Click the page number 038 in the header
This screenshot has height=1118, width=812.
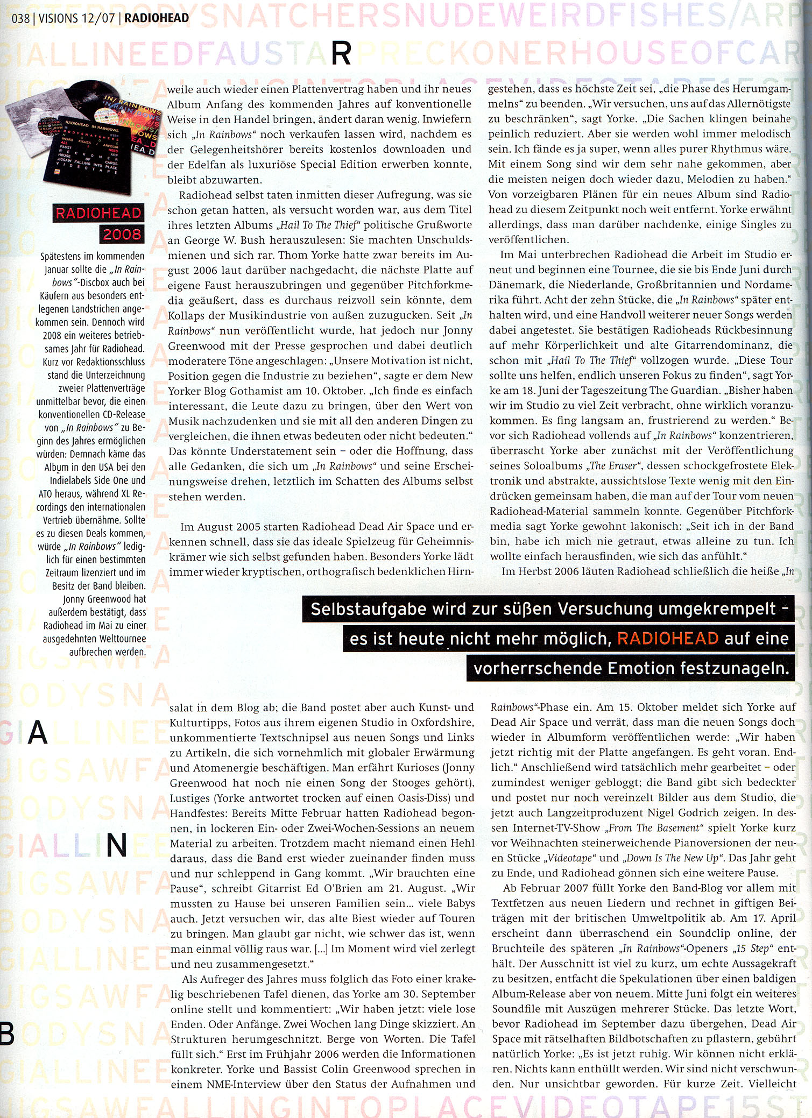pos(20,18)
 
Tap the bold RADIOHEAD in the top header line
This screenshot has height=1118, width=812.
pos(157,18)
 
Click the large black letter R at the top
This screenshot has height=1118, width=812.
pos(341,54)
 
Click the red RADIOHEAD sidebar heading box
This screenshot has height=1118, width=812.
pos(98,214)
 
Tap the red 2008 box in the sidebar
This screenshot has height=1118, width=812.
pos(122,234)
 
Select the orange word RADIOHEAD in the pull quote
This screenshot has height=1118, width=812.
pos(668,639)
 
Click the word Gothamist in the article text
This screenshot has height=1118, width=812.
pos(245,391)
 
